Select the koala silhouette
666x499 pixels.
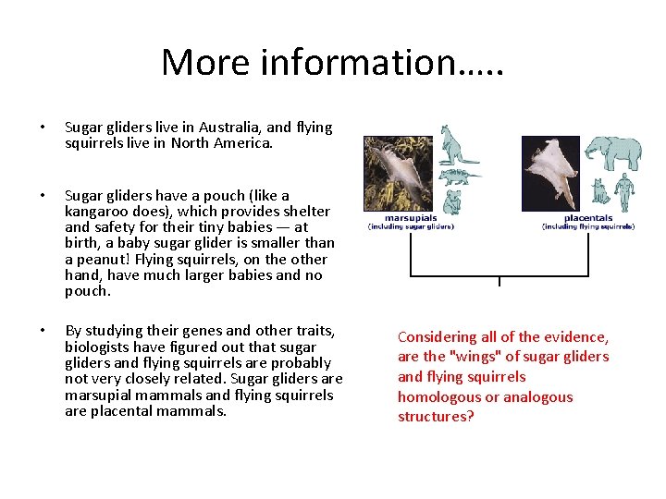pyautogui.click(x=452, y=201)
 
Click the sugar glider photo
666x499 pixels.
pyautogui.click(x=398, y=175)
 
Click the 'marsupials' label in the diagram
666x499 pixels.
pyautogui.click(x=412, y=218)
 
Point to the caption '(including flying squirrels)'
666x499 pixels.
pyautogui.click(x=587, y=226)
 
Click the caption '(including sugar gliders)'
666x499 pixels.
pyautogui.click(x=412, y=226)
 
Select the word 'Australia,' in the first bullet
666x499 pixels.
pyautogui.click(x=226, y=128)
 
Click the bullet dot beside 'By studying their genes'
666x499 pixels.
pyautogui.click(x=41, y=331)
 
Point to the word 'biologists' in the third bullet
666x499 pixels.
pyautogui.click(x=98, y=347)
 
